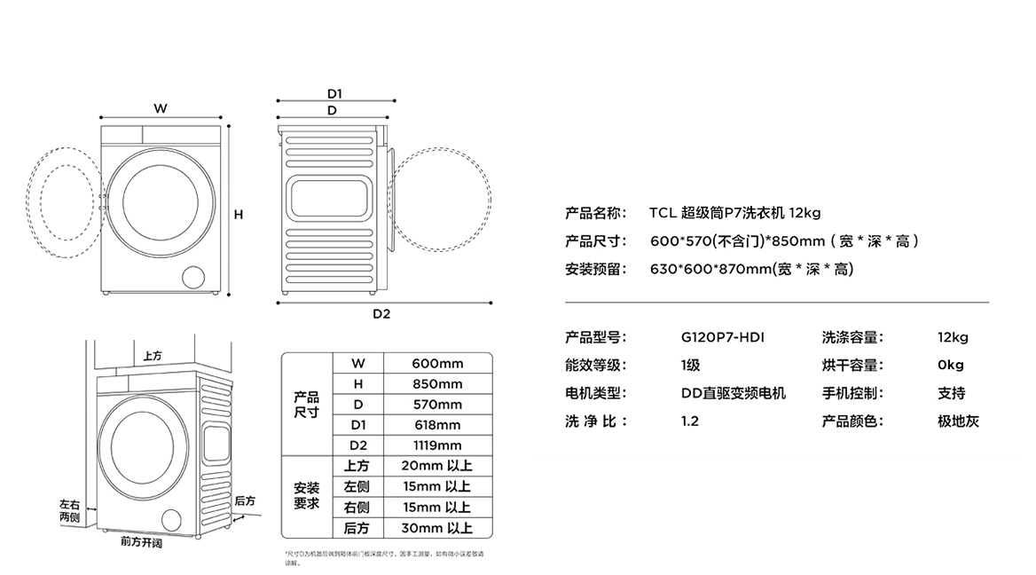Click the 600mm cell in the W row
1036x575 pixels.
click(437, 363)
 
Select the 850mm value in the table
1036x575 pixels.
click(437, 384)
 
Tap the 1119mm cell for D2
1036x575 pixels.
click(437, 445)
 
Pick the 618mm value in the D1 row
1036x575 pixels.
click(437, 425)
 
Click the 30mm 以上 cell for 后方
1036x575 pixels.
click(436, 528)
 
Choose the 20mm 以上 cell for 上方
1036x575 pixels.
click(436, 466)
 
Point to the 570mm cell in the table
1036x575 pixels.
click(437, 405)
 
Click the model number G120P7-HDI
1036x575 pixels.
click(722, 337)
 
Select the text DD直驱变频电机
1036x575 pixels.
click(733, 393)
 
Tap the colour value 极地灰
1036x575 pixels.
click(958, 421)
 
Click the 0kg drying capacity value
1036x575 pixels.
click(950, 365)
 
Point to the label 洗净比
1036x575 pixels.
click(595, 421)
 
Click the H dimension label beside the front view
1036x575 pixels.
click(239, 214)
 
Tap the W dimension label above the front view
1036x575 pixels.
click(160, 108)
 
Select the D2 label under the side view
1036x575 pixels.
click(381, 313)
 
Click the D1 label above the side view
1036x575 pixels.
click(334, 93)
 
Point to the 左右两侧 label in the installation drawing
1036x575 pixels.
click(69, 510)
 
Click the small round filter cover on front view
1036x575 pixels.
click(192, 276)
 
